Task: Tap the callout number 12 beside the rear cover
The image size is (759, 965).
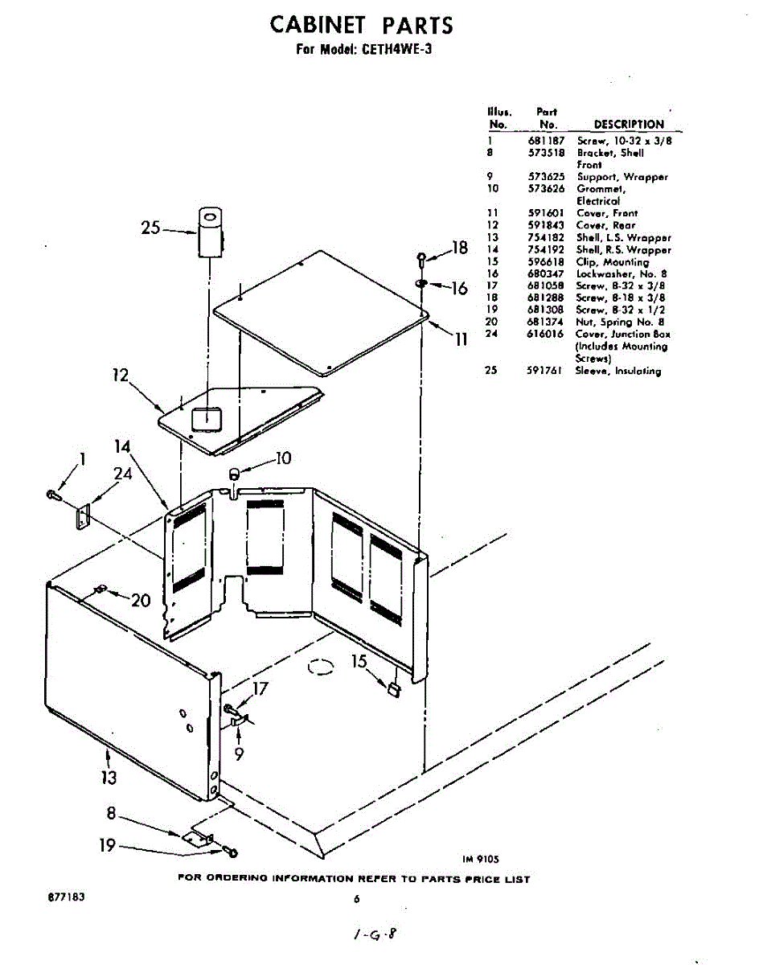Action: (121, 375)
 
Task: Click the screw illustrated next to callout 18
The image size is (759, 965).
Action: (421, 259)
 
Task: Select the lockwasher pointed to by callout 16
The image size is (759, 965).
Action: (421, 283)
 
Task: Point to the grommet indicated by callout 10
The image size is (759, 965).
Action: (235, 474)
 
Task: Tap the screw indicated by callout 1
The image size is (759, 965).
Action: (53, 495)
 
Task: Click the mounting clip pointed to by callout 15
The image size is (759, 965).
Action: (393, 688)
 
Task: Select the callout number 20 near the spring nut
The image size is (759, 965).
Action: (140, 600)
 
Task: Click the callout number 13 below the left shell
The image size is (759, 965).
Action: (109, 777)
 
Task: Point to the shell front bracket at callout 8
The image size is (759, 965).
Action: (196, 837)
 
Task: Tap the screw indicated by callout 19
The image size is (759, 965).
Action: (231, 850)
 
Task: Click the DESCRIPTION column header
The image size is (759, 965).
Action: (628, 125)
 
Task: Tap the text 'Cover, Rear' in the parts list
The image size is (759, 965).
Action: (605, 225)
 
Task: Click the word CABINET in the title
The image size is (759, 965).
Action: (319, 25)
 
